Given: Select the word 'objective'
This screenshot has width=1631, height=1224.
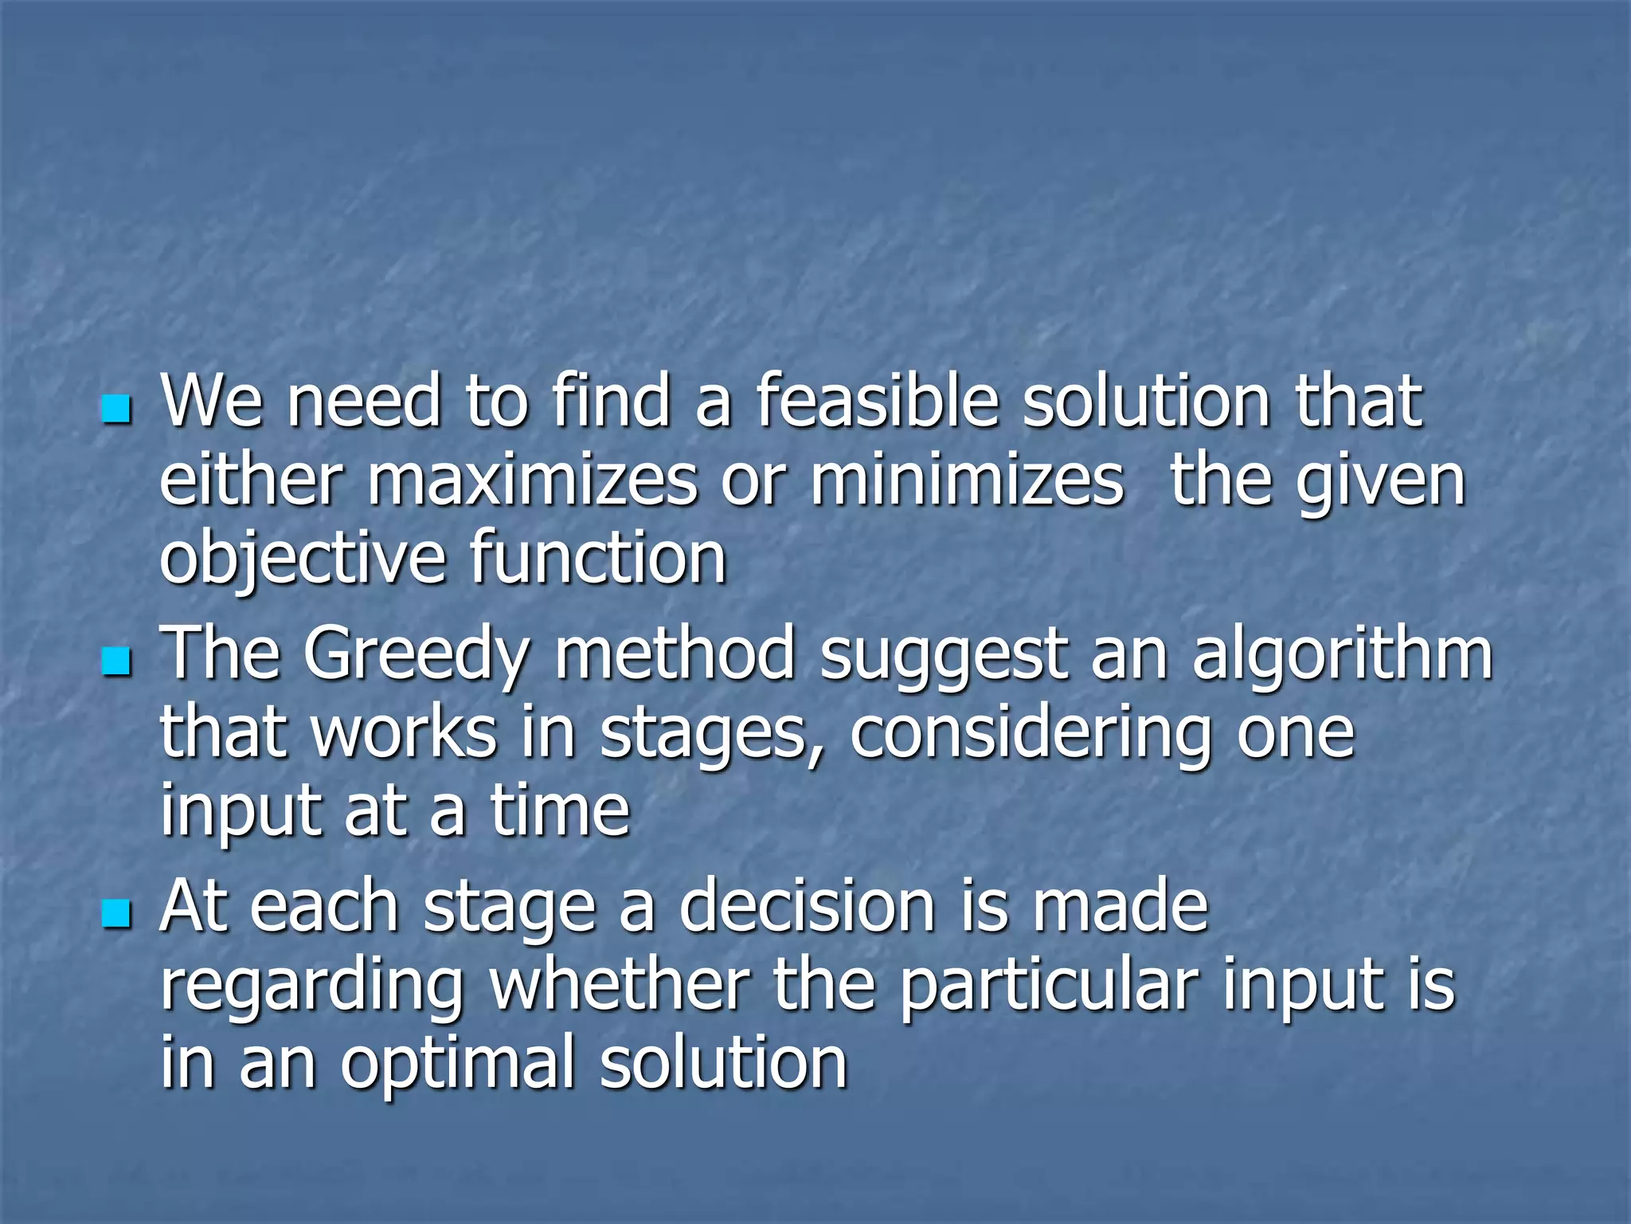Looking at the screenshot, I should click(303, 559).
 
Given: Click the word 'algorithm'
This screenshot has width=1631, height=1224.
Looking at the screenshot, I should click(1342, 653).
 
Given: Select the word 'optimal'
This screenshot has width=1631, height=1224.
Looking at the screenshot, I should click(458, 1065).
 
